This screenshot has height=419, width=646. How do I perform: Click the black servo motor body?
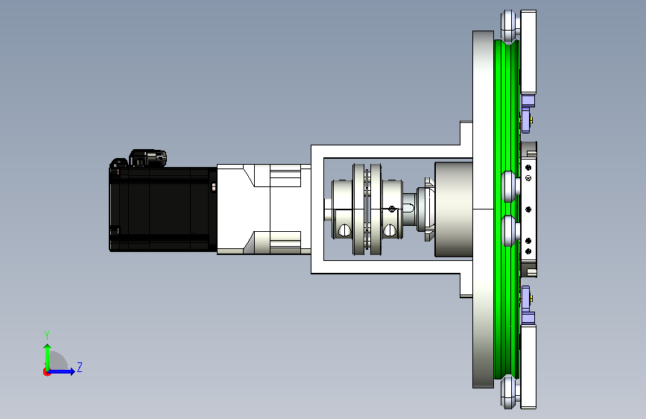pos(163,209)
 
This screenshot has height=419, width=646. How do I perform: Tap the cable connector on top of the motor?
pos(148,157)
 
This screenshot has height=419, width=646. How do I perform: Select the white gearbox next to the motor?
pos(264,209)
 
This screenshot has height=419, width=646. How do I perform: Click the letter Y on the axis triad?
pos(47,335)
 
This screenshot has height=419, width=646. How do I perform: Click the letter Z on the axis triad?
pos(80,367)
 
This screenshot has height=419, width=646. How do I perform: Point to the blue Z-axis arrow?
pos(61,371)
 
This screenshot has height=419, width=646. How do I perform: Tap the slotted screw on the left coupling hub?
pos(344,230)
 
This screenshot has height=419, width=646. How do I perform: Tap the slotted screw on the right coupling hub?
pos(390,230)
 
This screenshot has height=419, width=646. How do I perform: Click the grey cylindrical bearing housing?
pos(454,209)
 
